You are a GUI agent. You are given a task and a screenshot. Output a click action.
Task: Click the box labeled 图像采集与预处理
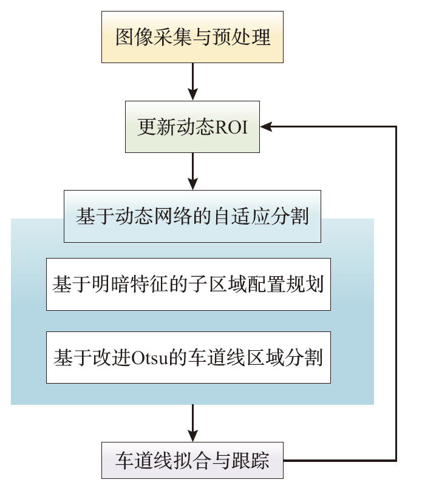click(x=192, y=38)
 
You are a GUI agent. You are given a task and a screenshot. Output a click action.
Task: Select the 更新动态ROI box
click(x=192, y=127)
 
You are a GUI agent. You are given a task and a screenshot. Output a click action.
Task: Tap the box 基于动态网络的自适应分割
click(x=192, y=216)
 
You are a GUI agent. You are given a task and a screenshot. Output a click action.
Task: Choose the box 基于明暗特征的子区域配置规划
click(x=188, y=284)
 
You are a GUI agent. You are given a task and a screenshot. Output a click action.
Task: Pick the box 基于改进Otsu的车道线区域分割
click(x=188, y=357)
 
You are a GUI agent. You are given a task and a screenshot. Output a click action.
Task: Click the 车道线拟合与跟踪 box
click(x=192, y=461)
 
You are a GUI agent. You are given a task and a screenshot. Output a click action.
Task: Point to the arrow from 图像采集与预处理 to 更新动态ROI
click(x=192, y=81)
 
